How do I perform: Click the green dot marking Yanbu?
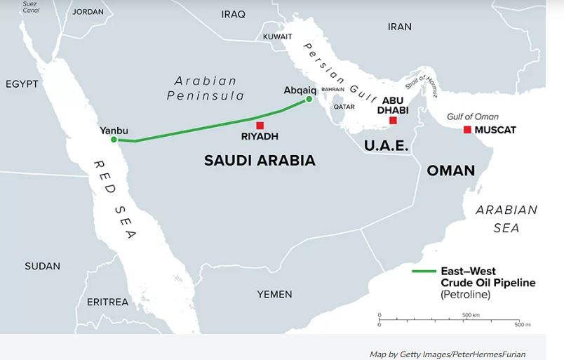(114, 140)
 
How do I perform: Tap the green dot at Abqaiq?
(309, 100)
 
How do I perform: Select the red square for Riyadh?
(260, 126)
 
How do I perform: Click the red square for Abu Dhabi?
(393, 121)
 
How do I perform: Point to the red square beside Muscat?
(467, 130)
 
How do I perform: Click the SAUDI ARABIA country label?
(260, 161)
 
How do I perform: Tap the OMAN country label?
(450, 171)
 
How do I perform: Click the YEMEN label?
(274, 294)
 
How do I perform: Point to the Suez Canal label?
(30, 7)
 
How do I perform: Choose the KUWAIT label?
(277, 36)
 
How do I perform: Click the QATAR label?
(344, 107)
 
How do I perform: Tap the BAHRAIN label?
(333, 90)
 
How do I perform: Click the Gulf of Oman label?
(473, 116)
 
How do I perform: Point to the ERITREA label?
(107, 302)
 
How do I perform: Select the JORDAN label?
(88, 12)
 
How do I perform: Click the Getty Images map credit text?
(448, 354)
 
